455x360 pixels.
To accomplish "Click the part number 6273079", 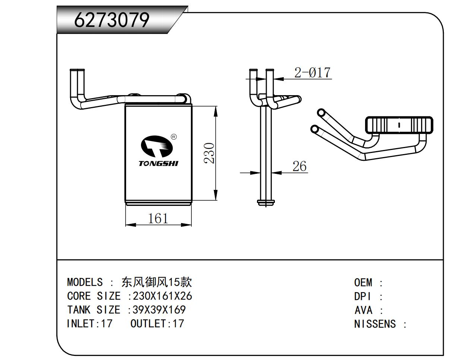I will [112, 20].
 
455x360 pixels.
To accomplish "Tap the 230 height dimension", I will [210, 153].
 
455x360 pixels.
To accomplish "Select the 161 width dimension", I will [158, 218].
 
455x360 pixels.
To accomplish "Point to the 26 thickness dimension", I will [299, 166].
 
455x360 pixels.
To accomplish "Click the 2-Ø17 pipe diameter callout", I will [312, 72].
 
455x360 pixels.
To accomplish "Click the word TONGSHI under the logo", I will [158, 164].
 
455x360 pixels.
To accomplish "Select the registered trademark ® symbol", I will [174, 137].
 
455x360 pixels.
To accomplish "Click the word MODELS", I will [85, 282].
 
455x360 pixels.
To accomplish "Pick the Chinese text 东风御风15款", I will [157, 282].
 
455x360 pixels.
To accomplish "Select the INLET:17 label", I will [89, 323].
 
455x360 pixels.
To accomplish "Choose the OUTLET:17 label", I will [157, 323].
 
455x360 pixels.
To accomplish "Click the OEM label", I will [363, 283].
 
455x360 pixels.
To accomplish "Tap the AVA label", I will [363, 310].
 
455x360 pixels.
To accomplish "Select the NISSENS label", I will [375, 324].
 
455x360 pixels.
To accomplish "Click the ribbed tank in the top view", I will [399, 125].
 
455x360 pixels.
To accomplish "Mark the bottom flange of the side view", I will [266, 202].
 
